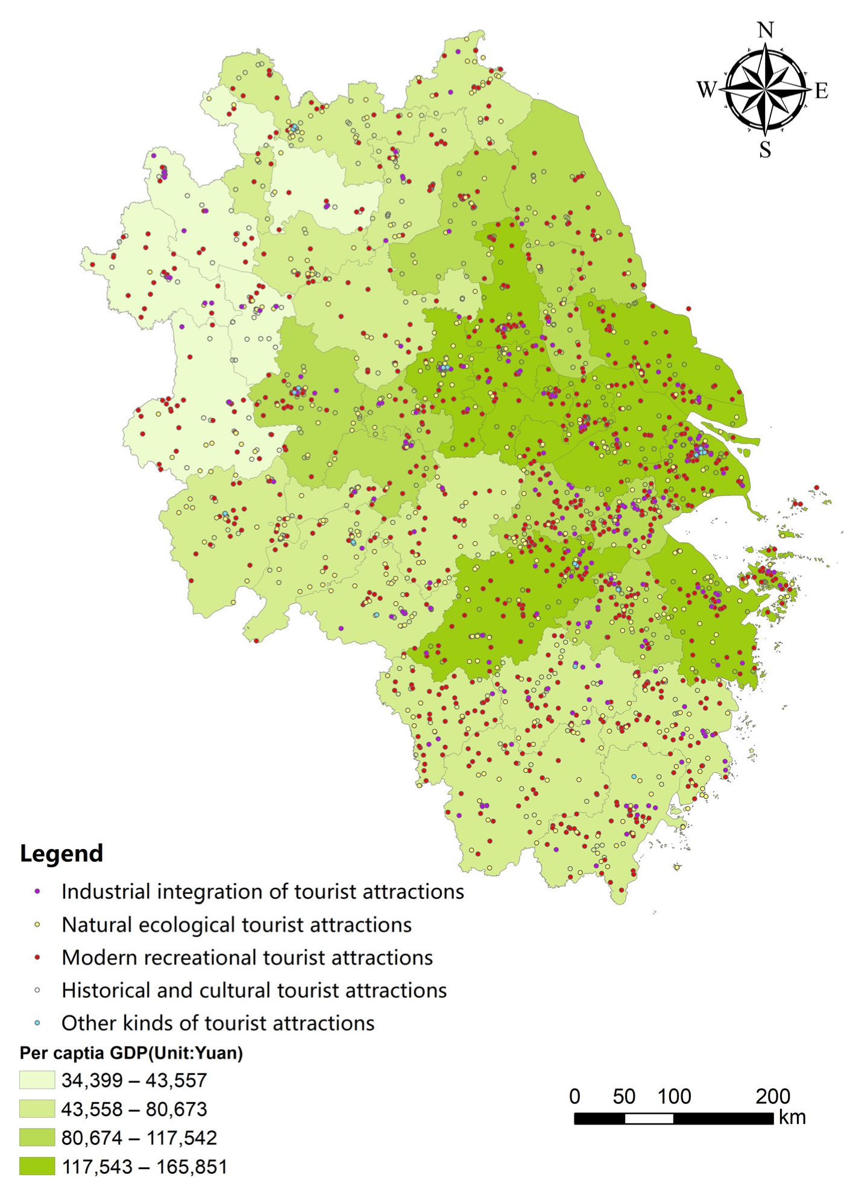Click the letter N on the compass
pos(765,30)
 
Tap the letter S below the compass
pos(765,149)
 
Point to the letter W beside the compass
pos(707,90)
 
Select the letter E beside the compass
pos(821,91)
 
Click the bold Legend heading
pos(61,853)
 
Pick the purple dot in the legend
pos(37,891)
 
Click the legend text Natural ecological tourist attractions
pos(236,924)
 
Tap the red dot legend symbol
pos(37,957)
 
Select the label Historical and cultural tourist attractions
pos(254,990)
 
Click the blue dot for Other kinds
pos(37,1023)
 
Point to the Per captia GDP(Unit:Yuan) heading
pos(131,1053)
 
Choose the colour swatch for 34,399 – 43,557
pos(37,1080)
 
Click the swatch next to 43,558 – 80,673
pos(37,1109)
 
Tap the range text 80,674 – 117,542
pos(139,1138)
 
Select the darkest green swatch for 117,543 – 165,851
pos(37,1166)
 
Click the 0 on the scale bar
pos(575,1096)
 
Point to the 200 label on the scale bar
pos(772,1096)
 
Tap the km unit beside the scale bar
pos(792,1117)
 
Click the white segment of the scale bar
pos(649,1118)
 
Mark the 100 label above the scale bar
pos(674,1096)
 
